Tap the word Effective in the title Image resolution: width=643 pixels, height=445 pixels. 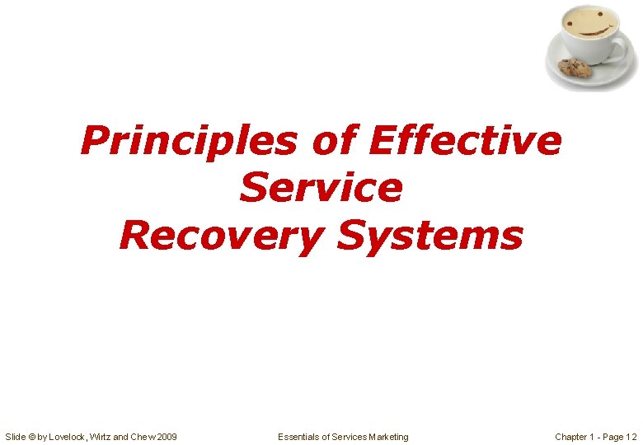click(466, 141)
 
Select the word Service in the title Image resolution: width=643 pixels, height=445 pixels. click(321, 188)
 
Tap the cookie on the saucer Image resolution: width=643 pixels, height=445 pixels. click(575, 68)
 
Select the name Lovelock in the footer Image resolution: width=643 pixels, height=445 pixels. click(72, 436)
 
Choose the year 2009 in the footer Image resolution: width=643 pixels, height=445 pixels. click(165, 436)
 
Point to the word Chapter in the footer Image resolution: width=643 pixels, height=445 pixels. click(571, 436)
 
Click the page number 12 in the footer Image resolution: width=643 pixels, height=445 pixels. click(631, 436)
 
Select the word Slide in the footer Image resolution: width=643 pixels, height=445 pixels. click(16, 436)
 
